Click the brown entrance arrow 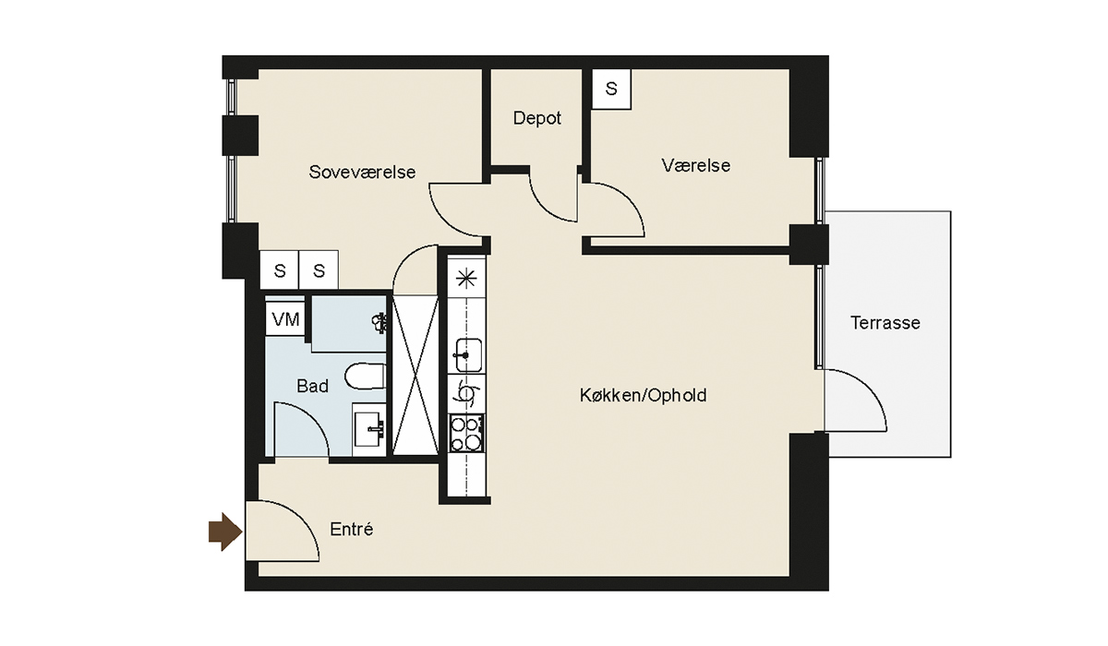(225, 532)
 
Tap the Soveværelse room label (362, 172)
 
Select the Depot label (536, 118)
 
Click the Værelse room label (696, 165)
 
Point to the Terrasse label (885, 323)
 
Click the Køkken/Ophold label (643, 395)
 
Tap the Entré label (351, 530)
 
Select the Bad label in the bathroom (313, 386)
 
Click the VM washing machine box (285, 319)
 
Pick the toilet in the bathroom (366, 377)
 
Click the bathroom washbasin (369, 429)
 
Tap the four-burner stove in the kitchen (466, 434)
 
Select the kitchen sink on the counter (467, 355)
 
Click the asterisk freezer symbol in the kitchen (466, 280)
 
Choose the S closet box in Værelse (611, 89)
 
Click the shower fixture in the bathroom (379, 322)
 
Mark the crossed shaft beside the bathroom (415, 376)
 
